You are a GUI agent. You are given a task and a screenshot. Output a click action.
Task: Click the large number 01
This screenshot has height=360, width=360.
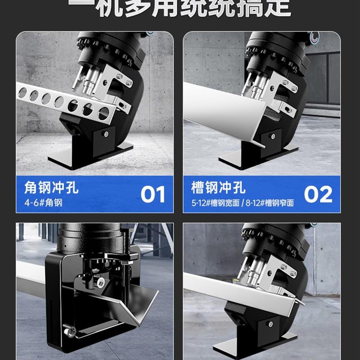click(x=153, y=194)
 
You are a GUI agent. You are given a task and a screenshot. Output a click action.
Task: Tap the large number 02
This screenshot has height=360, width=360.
click(x=318, y=194)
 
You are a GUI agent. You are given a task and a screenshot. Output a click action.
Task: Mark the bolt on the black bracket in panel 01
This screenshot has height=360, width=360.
click(x=105, y=133)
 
